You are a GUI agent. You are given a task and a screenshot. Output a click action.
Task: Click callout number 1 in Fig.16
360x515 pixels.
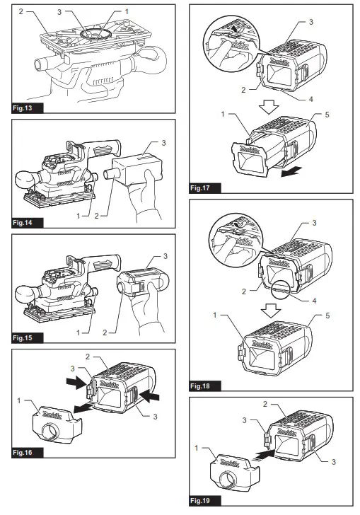19,400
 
